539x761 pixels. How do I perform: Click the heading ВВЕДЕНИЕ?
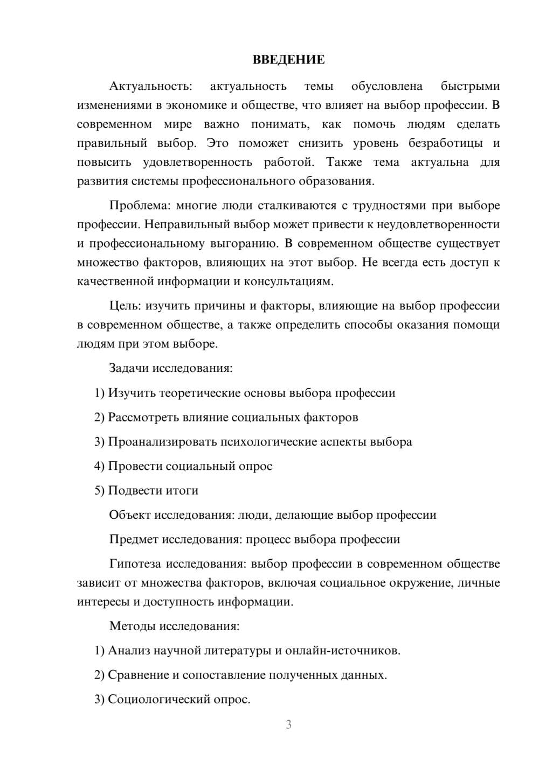tap(288, 60)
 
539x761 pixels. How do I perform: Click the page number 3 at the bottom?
tap(288, 724)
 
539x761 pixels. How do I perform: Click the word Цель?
tap(125, 306)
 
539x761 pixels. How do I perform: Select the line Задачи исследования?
tap(171, 368)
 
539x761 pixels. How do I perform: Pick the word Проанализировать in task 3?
tap(163, 442)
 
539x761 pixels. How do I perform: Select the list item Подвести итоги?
tap(153, 490)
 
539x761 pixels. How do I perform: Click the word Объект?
tap(130, 515)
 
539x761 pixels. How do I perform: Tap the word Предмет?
tap(134, 539)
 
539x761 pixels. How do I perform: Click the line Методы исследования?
tap(174, 626)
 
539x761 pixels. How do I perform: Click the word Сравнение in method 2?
tap(138, 675)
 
